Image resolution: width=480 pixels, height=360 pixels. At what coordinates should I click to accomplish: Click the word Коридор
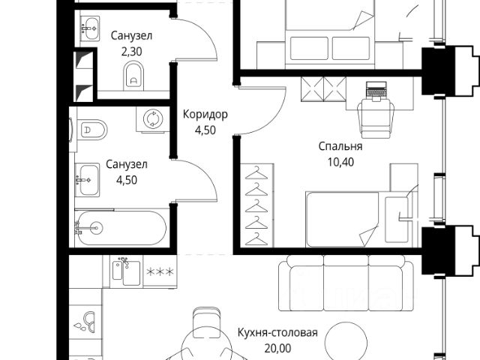coord(205,115)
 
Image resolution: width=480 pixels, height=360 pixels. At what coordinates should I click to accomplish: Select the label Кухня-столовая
coord(277,333)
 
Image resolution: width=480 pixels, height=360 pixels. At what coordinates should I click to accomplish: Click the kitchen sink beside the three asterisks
coord(122,271)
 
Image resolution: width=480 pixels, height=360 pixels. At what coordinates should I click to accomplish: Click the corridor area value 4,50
coord(205,130)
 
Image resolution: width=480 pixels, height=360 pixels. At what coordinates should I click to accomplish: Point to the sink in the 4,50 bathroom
coord(88,178)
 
